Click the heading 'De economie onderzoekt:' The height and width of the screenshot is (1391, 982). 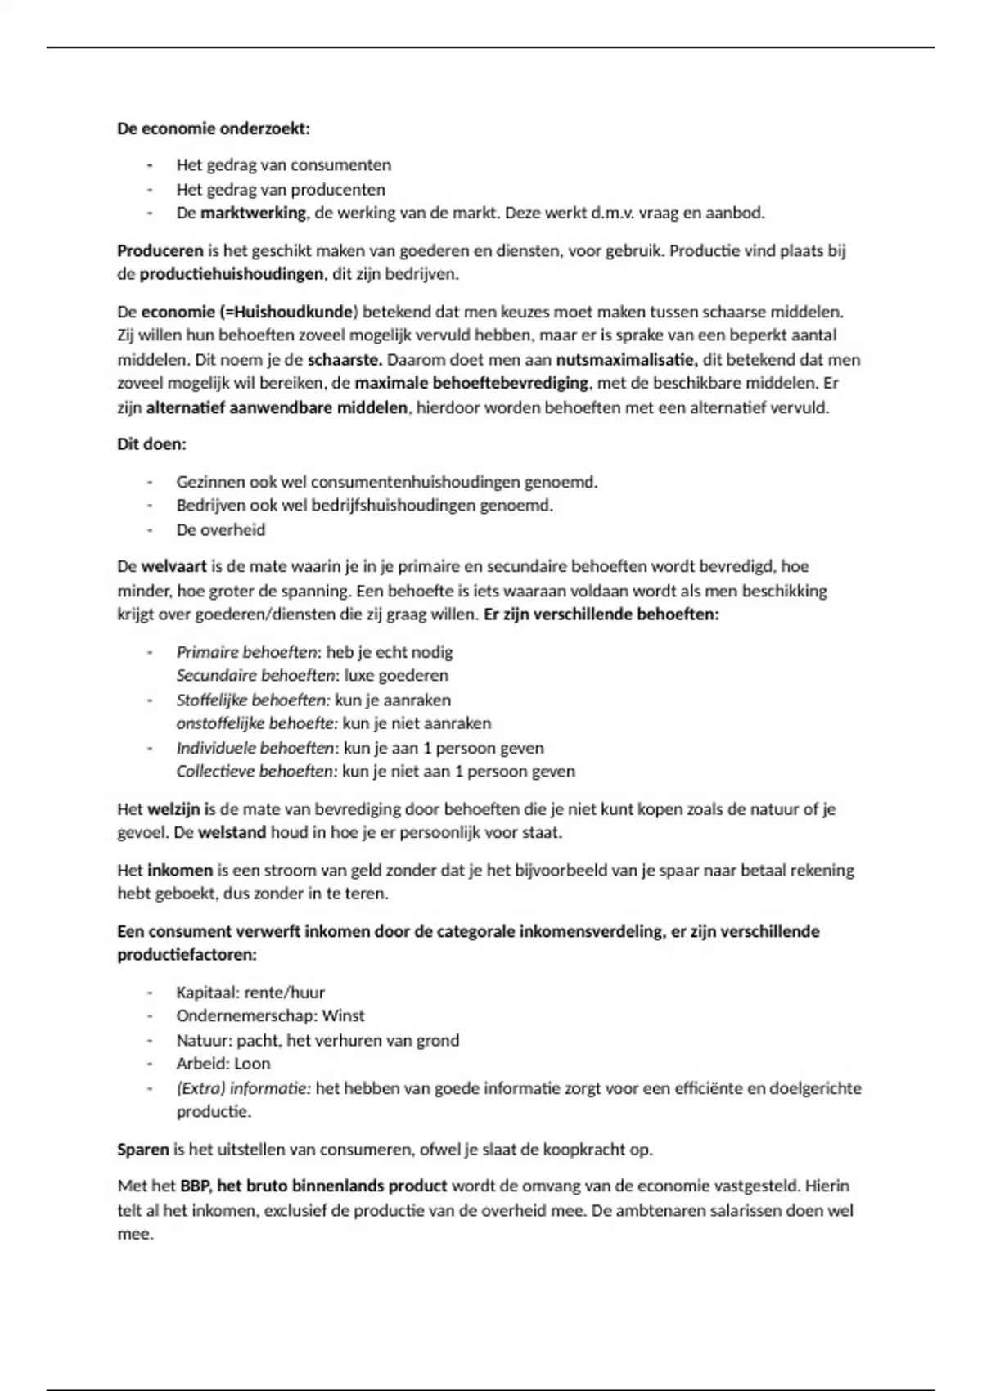214,128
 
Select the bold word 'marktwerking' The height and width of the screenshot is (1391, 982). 253,214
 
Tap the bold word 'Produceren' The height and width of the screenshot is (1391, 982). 160,251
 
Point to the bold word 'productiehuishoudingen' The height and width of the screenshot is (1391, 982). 232,274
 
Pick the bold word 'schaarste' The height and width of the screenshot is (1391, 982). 344,359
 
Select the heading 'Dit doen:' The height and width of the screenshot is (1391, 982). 152,444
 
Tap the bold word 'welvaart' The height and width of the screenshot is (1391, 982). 173,566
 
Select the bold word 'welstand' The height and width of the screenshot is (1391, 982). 232,833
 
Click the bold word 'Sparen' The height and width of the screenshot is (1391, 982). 143,1150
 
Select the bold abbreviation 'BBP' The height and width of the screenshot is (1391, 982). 195,1186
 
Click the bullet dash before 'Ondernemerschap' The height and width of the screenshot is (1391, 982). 150,1016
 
